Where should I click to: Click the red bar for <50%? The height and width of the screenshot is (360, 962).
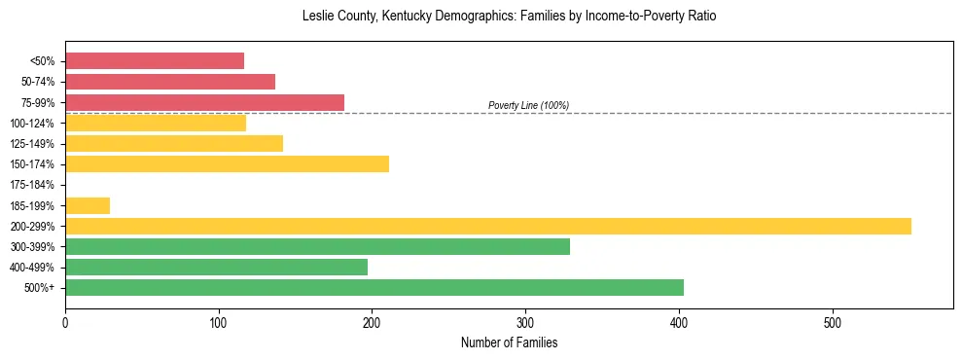click(x=155, y=61)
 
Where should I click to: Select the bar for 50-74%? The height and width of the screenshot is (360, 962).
click(x=170, y=82)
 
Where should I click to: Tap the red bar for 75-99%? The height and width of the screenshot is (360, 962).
click(x=204, y=102)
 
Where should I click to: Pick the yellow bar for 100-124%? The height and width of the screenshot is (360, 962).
click(x=156, y=123)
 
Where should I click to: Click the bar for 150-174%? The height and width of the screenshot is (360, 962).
click(x=227, y=163)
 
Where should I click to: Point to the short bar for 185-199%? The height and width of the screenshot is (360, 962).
click(x=88, y=205)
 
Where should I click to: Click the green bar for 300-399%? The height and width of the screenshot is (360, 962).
click(x=317, y=246)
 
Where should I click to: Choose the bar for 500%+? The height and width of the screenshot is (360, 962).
click(x=374, y=287)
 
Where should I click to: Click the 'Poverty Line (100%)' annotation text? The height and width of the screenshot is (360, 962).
click(x=528, y=105)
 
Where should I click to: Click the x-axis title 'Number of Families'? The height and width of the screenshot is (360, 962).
click(x=509, y=342)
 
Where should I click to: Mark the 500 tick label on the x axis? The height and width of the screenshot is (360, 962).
click(x=833, y=322)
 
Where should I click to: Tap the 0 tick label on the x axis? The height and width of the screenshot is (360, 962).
click(x=65, y=322)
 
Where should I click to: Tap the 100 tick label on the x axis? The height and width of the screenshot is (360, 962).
click(x=219, y=322)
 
